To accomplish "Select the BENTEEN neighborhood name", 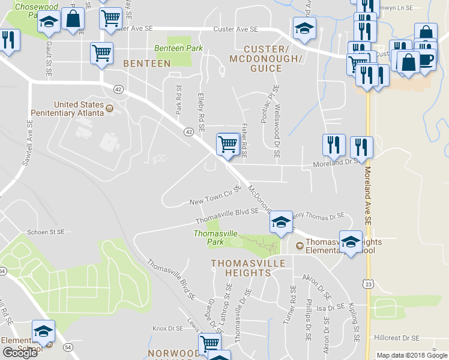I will click(146, 63).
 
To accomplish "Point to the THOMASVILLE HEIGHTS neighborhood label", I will click(240, 268).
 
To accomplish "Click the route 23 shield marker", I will click(367, 283).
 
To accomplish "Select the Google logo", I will click(20, 353).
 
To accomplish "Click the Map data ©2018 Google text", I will click(412, 355).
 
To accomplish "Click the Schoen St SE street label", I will click(46, 232).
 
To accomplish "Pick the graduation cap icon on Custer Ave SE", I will click(304, 29).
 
